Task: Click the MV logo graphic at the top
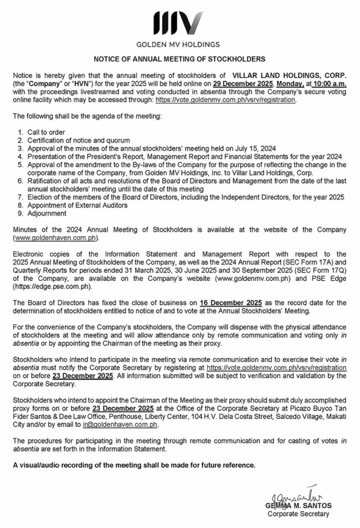click(x=178, y=22)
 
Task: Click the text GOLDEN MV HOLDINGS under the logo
click(x=178, y=44)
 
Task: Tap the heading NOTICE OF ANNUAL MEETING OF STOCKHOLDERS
click(x=179, y=59)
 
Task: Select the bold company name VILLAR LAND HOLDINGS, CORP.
click(x=290, y=75)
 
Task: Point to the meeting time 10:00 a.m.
click(x=330, y=83)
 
